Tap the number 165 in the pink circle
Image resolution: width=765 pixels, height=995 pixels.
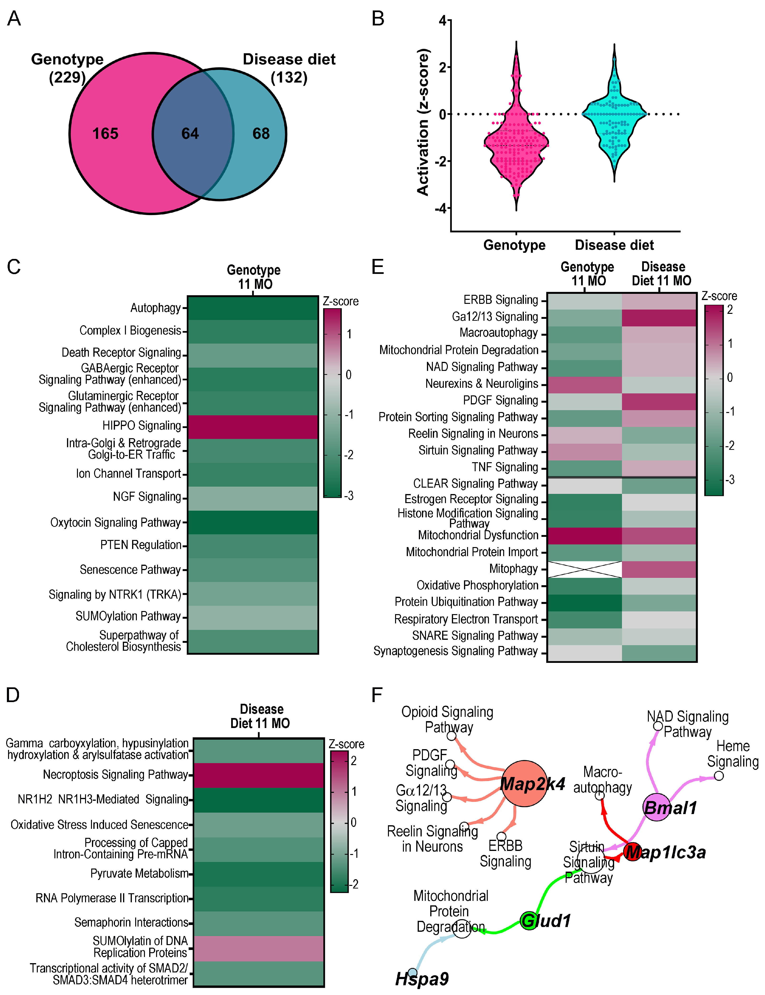(105, 133)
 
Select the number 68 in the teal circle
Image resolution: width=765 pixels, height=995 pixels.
(261, 133)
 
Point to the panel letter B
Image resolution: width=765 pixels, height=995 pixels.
(378, 19)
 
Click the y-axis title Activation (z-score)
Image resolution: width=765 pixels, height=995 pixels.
(423, 122)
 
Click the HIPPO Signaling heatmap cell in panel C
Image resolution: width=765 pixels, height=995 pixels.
(253, 427)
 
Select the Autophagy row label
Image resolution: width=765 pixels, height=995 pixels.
(156, 308)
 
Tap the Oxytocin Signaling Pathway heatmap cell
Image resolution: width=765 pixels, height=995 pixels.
(253, 522)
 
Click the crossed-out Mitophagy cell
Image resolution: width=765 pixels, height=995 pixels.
(585, 569)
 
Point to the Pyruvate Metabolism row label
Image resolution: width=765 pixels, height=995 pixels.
(139, 873)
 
